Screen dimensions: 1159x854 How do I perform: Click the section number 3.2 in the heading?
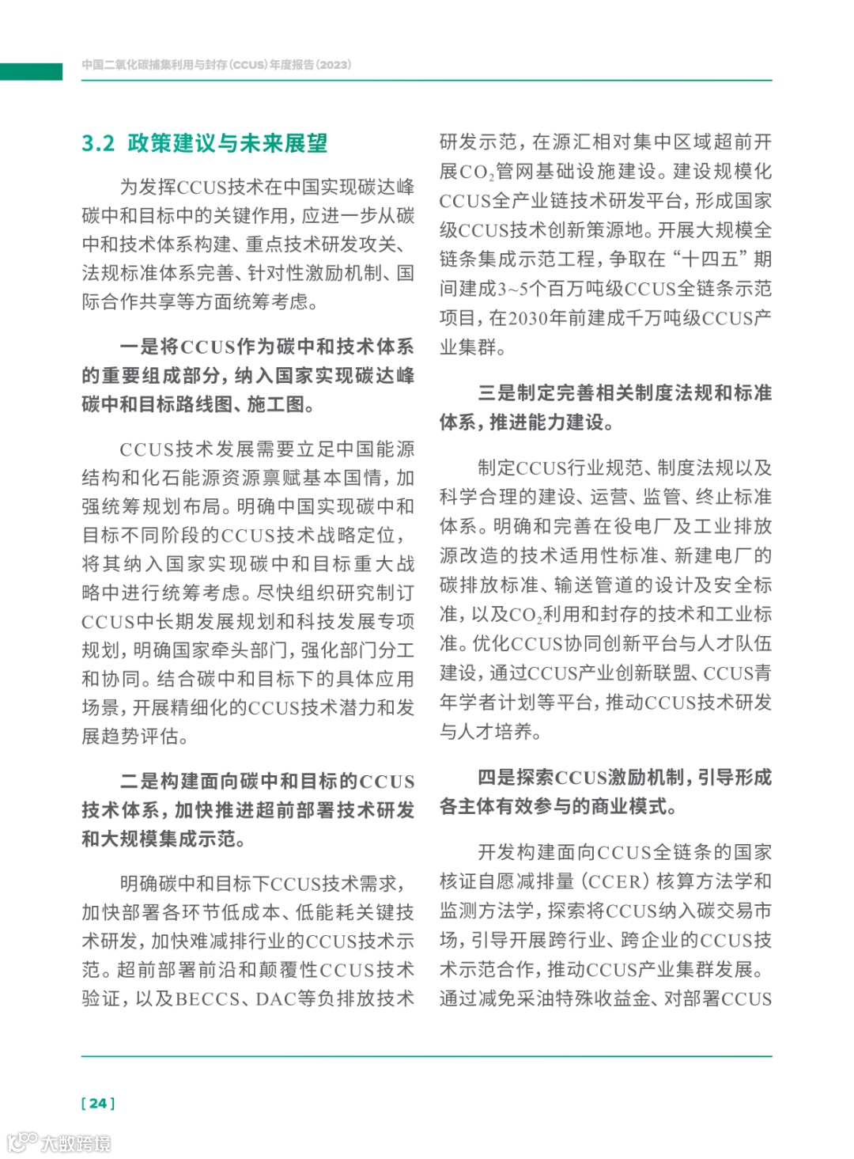point(98,143)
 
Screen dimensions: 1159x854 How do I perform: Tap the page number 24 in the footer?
point(98,1103)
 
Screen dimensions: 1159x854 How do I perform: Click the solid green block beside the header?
point(31,71)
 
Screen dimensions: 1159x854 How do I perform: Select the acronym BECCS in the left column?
point(207,999)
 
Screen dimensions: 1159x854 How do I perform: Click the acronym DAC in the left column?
point(275,999)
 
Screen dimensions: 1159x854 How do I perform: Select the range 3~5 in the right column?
point(513,289)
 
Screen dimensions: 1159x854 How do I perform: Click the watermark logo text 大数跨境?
point(76,1143)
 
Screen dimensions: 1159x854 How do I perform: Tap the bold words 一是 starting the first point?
point(139,347)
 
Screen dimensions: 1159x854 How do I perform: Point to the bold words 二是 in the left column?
point(139,782)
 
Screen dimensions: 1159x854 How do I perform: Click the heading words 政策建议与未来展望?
point(228,143)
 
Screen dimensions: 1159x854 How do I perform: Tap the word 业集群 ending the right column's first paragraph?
point(468,347)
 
